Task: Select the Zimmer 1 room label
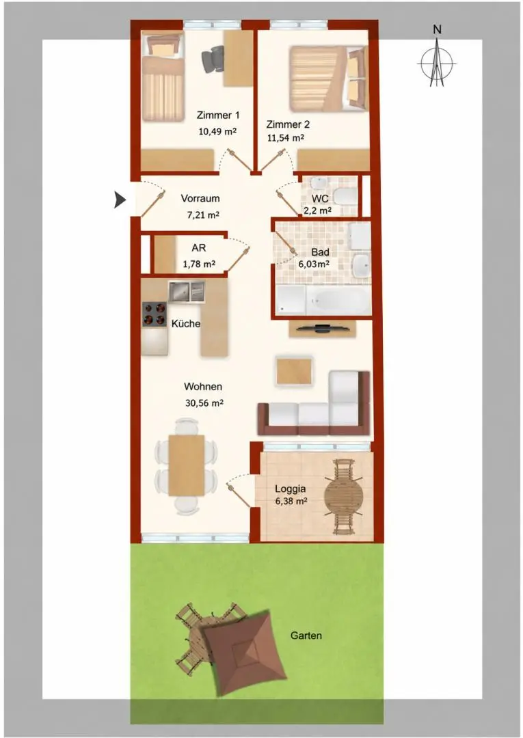[x=217, y=115]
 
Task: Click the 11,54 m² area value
[x=285, y=138]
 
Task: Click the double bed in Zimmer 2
[x=327, y=78]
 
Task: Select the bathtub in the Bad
[x=337, y=299]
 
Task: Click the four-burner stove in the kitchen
[x=155, y=314]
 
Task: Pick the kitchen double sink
[x=187, y=292]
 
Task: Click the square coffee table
[x=295, y=371]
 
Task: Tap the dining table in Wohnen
[x=187, y=465]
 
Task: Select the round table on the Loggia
[x=343, y=497]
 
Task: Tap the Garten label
[x=306, y=635]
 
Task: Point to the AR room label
[x=199, y=247]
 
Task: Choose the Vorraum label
[x=200, y=199]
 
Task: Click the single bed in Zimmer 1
[x=163, y=77]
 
